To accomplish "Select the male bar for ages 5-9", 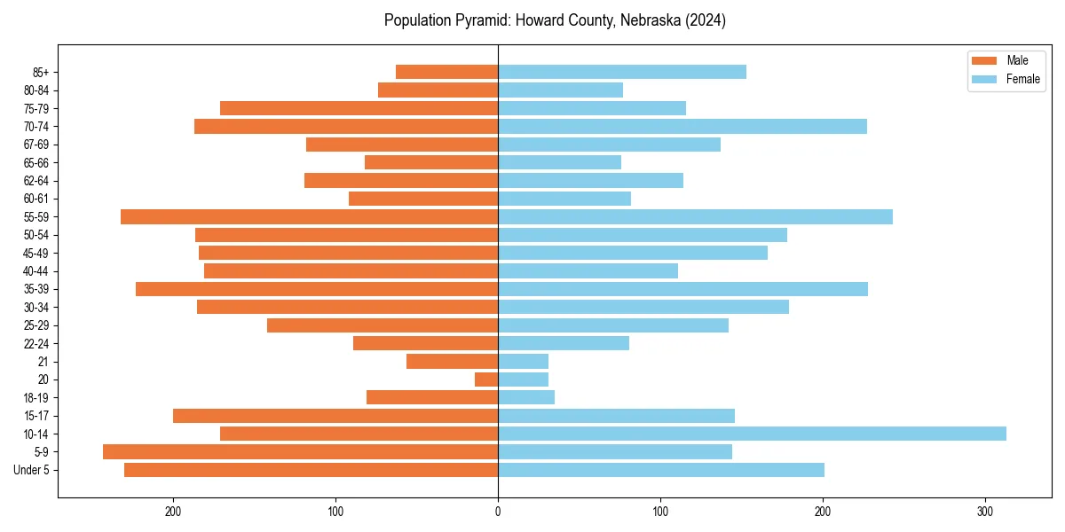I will click(300, 451).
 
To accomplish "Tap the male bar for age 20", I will click(486, 379).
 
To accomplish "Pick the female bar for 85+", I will click(621, 72).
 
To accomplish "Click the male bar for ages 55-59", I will click(309, 216).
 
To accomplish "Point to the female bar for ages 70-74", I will click(682, 126).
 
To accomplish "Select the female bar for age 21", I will click(523, 361).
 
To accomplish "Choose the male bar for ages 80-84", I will click(438, 90).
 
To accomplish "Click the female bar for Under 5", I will click(660, 470).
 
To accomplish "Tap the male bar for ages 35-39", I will click(317, 289).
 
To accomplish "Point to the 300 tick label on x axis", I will click(984, 512).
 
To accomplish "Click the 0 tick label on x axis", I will click(498, 512).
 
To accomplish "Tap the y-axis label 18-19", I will click(36, 397).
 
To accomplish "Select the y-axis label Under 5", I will click(32, 470).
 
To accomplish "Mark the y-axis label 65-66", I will click(36, 162).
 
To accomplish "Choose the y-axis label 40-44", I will click(36, 270).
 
